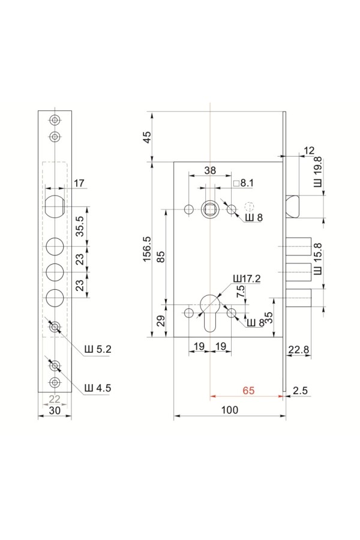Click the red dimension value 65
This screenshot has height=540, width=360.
click(x=248, y=391)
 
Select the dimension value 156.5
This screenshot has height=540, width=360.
click(x=148, y=249)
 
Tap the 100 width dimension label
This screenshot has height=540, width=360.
click(x=229, y=410)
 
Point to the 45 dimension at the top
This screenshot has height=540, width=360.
click(x=147, y=137)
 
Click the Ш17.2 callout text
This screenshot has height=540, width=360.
click(x=247, y=278)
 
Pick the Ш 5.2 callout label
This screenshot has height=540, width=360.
click(x=98, y=349)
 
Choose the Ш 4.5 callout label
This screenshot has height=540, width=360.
click(x=98, y=388)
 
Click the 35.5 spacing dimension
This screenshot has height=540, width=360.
click(x=80, y=226)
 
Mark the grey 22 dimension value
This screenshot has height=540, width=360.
click(x=55, y=399)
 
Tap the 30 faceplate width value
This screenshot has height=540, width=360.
click(x=55, y=410)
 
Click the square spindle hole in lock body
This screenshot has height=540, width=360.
click(x=210, y=209)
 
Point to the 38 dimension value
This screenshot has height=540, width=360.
click(x=210, y=170)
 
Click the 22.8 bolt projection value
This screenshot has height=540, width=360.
click(x=299, y=350)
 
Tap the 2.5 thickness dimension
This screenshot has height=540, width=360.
click(x=300, y=391)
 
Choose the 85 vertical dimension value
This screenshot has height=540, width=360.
click(x=161, y=257)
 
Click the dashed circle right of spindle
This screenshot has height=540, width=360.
click(x=249, y=206)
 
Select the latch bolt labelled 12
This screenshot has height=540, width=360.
click(x=292, y=206)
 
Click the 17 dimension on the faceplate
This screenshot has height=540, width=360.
click(x=79, y=183)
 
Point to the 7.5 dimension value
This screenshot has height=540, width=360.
click(x=241, y=292)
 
